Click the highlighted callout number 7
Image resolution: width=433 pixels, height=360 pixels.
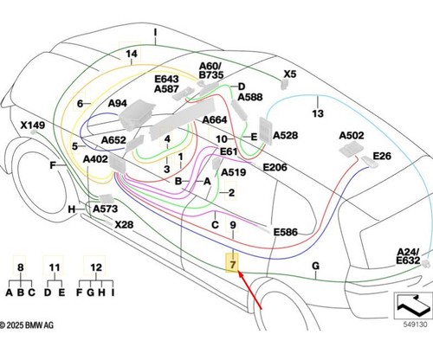coord(233,264)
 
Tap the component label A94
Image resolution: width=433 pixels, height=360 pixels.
coord(118,103)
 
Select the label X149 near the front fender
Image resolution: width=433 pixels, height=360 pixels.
coord(33,125)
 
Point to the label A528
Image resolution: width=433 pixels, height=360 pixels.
coord(286,135)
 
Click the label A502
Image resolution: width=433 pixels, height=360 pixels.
coord(352,135)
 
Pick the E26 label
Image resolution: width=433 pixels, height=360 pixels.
coord(382,156)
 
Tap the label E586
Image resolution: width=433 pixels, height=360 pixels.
coord(286,232)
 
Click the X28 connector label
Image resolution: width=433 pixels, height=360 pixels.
coord(124,224)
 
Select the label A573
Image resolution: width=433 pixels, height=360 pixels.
coord(106,209)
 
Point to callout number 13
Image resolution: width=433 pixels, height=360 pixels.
coord(318,113)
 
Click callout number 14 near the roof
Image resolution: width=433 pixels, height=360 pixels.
coord(132,54)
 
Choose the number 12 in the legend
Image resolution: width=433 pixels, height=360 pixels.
coord(96,267)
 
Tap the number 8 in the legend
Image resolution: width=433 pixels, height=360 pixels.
coord(20,267)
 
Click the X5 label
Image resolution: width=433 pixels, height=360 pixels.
coord(290,74)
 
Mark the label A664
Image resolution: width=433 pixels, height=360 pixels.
coord(215,119)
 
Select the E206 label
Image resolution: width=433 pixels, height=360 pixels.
coord(275,167)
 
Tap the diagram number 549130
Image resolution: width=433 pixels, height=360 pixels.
coord(415,325)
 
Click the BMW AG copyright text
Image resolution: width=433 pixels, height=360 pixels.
coord(27,325)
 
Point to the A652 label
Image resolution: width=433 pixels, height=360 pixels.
coord(113,140)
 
